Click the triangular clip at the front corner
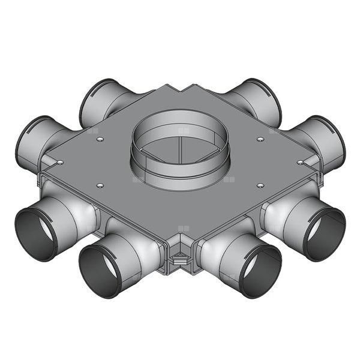click(x=179, y=260)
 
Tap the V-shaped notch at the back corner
click(x=180, y=90)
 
